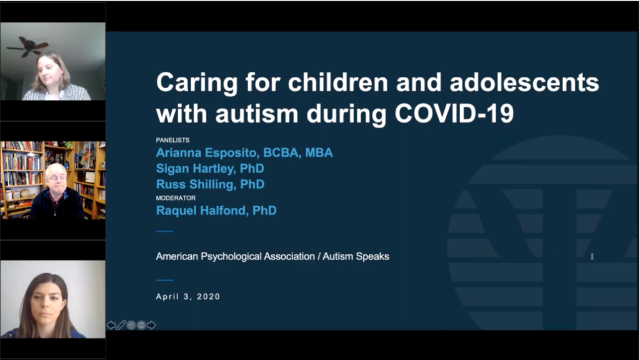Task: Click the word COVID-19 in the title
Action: (x=454, y=113)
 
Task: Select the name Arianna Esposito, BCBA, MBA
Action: (x=244, y=152)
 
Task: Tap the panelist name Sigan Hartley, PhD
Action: (x=210, y=169)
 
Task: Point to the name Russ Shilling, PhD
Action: (x=210, y=184)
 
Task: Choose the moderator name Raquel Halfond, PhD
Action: (x=216, y=211)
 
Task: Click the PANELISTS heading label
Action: (x=172, y=140)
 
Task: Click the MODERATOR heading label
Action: (x=176, y=198)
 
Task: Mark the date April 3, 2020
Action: (x=187, y=297)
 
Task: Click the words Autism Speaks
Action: (x=356, y=257)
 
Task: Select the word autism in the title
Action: (x=256, y=113)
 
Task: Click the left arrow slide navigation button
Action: (x=111, y=325)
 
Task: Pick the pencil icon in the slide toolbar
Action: (x=121, y=325)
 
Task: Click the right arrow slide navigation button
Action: (x=151, y=325)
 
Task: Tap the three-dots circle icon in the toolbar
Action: (x=141, y=325)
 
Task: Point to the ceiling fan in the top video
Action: (x=27, y=46)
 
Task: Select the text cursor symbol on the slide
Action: (x=592, y=256)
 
